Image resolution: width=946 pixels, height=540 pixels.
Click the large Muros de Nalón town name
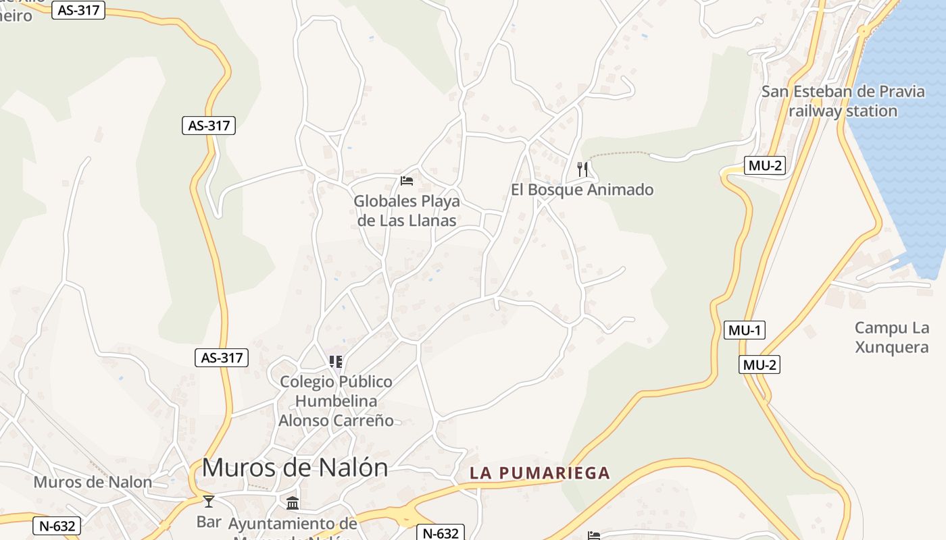point(295,467)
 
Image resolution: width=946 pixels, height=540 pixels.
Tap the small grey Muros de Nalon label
point(93,482)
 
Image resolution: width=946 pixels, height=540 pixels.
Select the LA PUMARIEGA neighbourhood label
point(540,473)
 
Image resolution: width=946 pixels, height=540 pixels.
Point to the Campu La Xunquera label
point(891,337)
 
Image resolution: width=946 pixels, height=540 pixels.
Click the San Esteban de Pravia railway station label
point(843,101)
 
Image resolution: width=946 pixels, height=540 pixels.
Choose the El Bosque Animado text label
point(582,190)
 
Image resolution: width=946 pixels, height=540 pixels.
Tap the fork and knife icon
point(582,169)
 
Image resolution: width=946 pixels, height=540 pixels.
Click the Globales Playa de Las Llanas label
point(407,211)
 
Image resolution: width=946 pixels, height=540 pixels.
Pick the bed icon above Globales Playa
point(407,180)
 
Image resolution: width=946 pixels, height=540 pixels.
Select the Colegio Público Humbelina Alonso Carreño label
point(336,401)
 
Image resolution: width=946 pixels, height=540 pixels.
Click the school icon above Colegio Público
point(336,362)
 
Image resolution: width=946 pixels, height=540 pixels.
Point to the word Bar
point(209,522)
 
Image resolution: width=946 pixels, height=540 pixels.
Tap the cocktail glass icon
point(209,501)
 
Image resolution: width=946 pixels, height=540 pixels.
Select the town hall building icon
point(293,503)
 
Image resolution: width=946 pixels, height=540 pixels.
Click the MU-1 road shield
point(745,330)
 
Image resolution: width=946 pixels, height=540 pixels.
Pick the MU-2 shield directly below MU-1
point(760,364)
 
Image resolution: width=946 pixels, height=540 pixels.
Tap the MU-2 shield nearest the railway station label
point(765,165)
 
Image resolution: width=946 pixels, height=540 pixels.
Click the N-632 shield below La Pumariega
point(441,533)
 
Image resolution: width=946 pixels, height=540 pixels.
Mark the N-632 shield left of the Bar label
point(57,526)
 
